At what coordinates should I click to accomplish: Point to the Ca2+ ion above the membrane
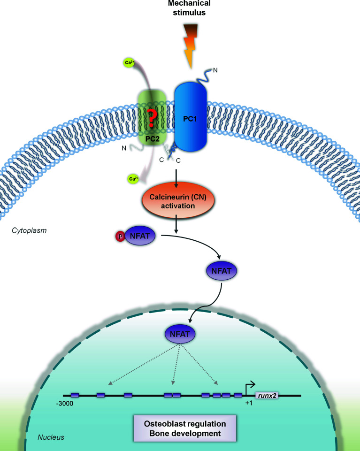(x=129, y=62)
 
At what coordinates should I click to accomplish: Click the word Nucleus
(x=51, y=437)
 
